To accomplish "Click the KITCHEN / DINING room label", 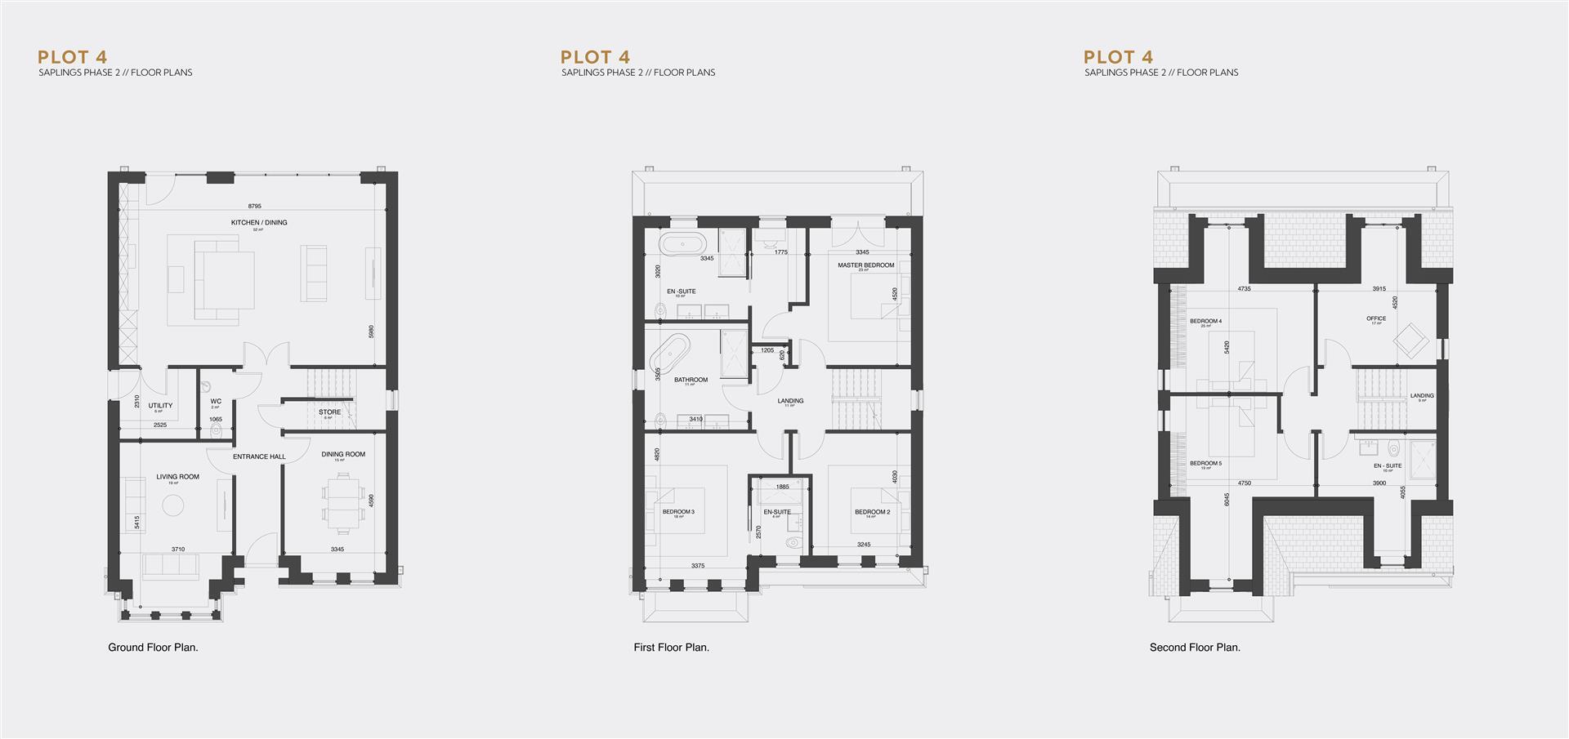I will coord(259,222).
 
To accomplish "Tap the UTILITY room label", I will coord(160,406).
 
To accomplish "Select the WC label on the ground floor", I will coord(216,401).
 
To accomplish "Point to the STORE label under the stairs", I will coord(329,412).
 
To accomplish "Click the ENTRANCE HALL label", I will coord(258,456).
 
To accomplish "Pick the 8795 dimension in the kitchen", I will coord(254,207).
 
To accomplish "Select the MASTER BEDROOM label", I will coord(865,265).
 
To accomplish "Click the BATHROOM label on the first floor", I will coord(691,380).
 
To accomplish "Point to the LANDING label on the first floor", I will coord(790,401).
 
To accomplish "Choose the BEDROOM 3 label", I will coord(678,512).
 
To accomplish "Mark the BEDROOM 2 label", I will coord(872,512).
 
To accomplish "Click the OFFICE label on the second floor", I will coord(1376,318).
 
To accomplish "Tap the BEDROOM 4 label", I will coord(1205,321).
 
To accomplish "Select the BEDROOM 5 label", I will coord(1205,463).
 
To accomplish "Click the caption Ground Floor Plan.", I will coord(154,648).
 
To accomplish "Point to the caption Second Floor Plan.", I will coord(1195,648).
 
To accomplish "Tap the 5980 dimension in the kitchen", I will coord(371,332).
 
